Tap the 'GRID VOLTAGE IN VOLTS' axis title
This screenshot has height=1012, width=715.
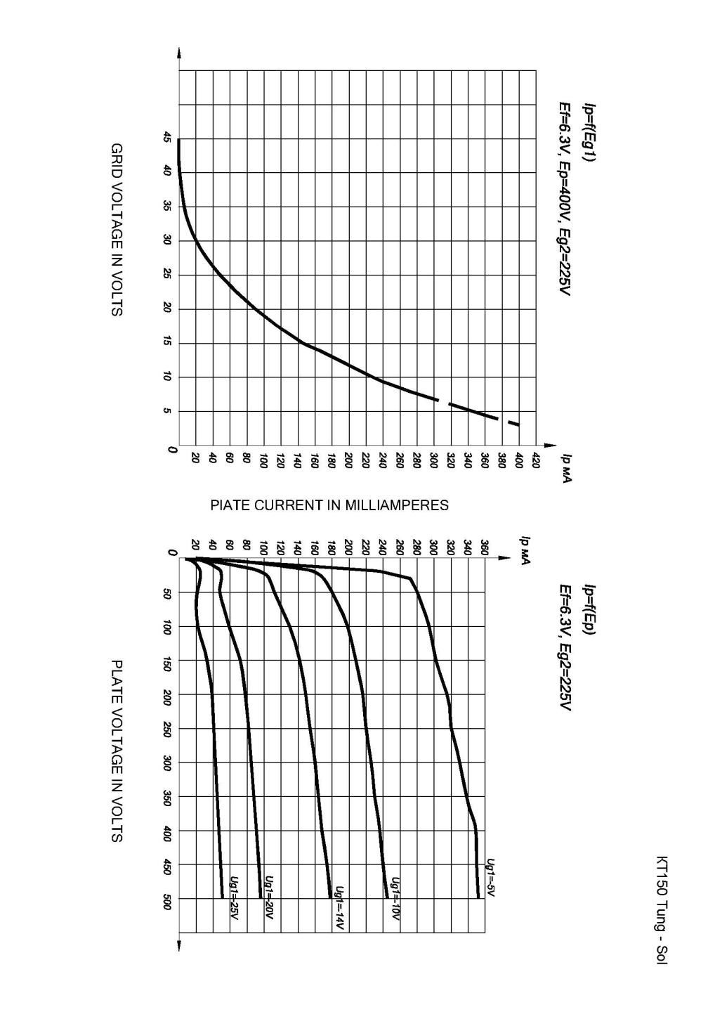tap(117, 230)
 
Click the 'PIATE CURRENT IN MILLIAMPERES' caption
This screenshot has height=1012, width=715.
tap(329, 505)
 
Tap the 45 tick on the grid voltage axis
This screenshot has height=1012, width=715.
tap(166, 139)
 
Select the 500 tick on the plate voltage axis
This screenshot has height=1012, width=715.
tap(166, 899)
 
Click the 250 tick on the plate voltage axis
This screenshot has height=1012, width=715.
tap(166, 729)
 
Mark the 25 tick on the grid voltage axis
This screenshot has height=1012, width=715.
tap(166, 275)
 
